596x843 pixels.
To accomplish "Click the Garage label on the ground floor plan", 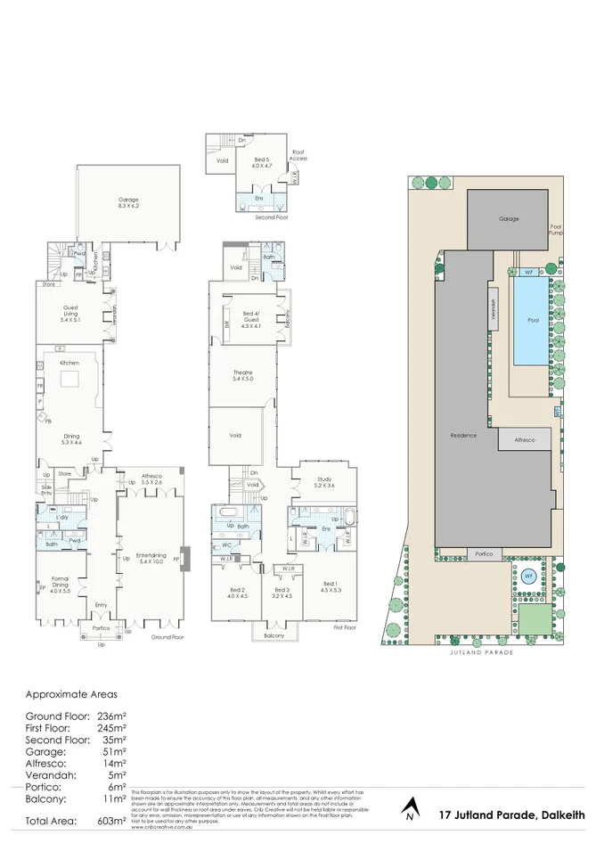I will coord(128,203).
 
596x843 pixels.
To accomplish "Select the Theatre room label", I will coord(242,375).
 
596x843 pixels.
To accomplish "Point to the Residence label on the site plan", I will coord(463,435).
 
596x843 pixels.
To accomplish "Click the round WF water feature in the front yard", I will coord(527,575).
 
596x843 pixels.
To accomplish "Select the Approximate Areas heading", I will coord(70,693).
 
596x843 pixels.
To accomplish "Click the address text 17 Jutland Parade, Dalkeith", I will coord(512,814).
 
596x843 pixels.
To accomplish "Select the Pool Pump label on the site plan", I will coord(556,230).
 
